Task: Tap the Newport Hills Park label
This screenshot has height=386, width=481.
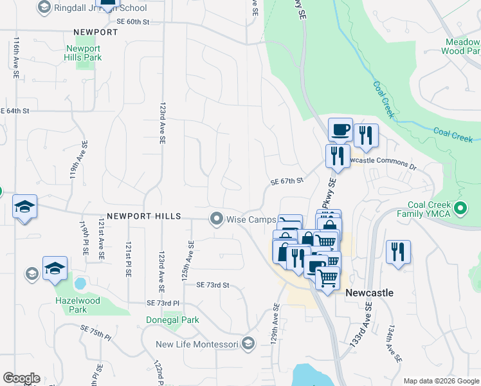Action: point(84,53)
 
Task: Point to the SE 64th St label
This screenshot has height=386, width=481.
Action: point(15,111)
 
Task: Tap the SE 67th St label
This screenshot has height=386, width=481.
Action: point(287,181)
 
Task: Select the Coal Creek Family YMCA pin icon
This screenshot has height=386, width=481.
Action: point(460,208)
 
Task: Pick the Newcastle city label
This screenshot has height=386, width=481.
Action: point(369,292)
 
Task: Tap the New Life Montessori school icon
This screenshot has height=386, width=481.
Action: point(247,344)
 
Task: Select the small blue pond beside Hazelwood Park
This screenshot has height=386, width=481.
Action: point(80,283)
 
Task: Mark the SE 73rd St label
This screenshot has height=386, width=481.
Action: point(213,284)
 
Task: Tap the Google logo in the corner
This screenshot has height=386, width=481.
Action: point(21,378)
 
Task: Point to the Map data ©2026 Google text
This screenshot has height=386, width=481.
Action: point(440,381)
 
